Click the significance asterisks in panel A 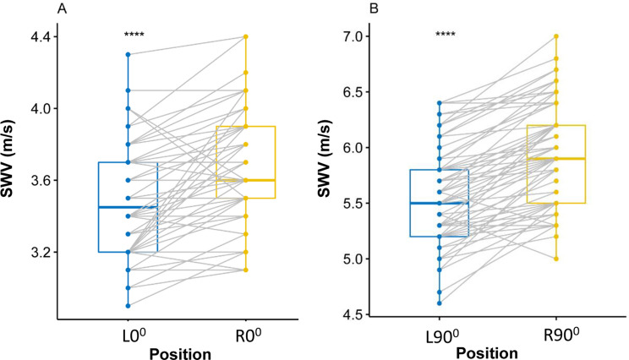pyautogui.click(x=133, y=35)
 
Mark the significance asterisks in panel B pyautogui.click(x=446, y=35)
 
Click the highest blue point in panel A pyautogui.click(x=128, y=55)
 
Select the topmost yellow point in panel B pyautogui.click(x=556, y=36)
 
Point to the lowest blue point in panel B pyautogui.click(x=439, y=303)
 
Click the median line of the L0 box pyautogui.click(x=128, y=207)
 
